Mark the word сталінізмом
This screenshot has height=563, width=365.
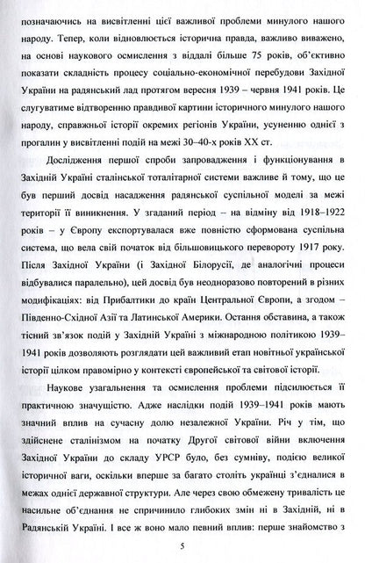102,437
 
